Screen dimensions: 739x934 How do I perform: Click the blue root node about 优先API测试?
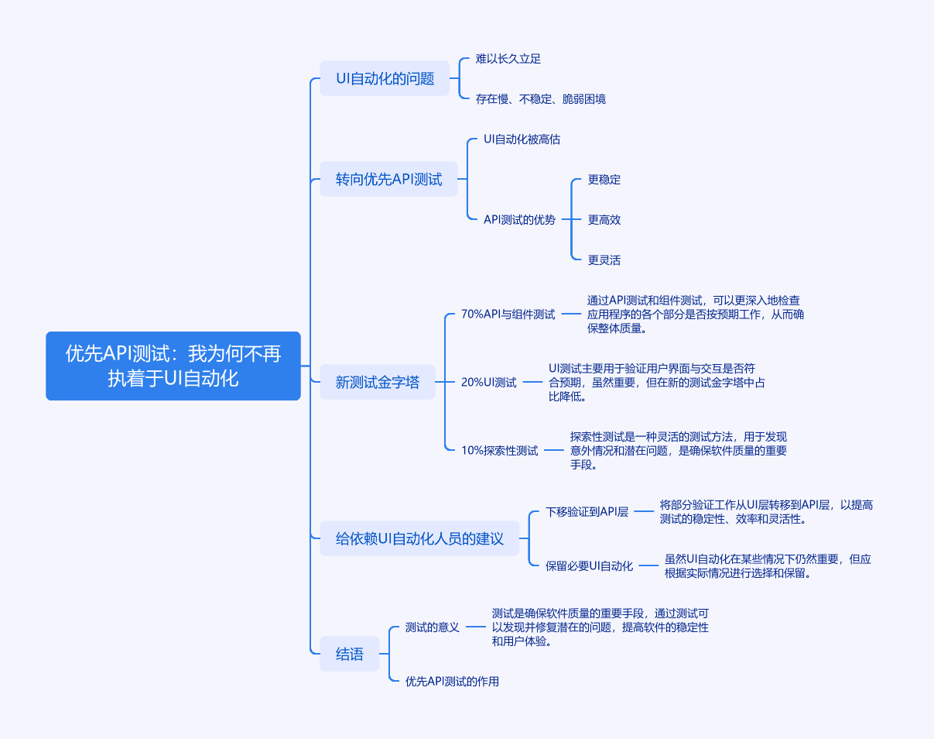pyautogui.click(x=173, y=366)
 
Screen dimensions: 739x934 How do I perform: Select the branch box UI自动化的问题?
pyautogui.click(x=385, y=78)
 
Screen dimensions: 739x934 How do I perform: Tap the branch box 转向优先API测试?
pyautogui.click(x=388, y=179)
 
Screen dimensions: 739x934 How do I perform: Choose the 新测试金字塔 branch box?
pyautogui.click(x=377, y=382)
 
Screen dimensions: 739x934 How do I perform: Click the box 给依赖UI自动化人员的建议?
pyautogui.click(x=419, y=538)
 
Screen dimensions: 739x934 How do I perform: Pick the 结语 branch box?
pyautogui.click(x=349, y=654)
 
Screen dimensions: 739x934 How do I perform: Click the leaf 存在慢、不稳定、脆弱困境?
pyautogui.click(x=540, y=98)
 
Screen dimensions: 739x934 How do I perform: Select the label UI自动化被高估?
pyautogui.click(x=522, y=139)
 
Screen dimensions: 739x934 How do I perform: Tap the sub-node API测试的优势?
pyautogui.click(x=519, y=220)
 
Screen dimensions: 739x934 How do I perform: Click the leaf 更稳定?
pyautogui.click(x=604, y=180)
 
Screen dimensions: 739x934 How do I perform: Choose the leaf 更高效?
pyautogui.click(x=604, y=220)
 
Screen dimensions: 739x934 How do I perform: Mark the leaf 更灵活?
pyautogui.click(x=604, y=260)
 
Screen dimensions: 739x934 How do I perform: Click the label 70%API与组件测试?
pyautogui.click(x=508, y=315)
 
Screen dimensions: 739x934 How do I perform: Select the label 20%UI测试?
pyautogui.click(x=488, y=382)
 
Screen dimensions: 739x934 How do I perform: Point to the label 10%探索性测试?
pyautogui.click(x=499, y=450)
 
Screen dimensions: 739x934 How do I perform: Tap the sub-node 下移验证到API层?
pyautogui.click(x=587, y=512)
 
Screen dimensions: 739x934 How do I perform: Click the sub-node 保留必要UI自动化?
pyautogui.click(x=589, y=566)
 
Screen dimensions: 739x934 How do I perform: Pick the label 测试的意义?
pyautogui.click(x=433, y=627)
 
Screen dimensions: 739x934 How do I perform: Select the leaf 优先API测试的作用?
pyautogui.click(x=452, y=682)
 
